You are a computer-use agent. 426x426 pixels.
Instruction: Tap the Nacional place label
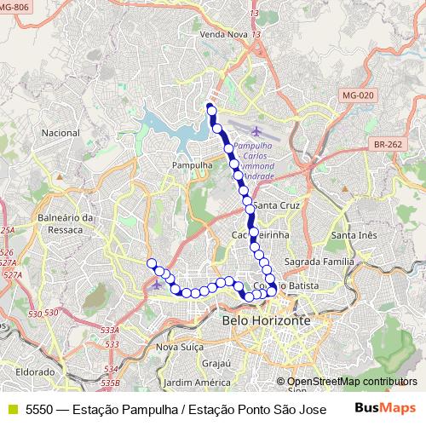point(60,134)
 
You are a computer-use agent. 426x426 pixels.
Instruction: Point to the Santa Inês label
point(354,235)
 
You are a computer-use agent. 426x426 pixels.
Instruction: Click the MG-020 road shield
point(355,95)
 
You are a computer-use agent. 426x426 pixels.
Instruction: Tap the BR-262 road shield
point(387,146)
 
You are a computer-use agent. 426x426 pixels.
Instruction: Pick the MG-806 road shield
point(16,6)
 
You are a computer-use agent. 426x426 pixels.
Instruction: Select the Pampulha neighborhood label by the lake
point(192,164)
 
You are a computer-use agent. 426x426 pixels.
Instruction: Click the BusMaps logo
point(383,408)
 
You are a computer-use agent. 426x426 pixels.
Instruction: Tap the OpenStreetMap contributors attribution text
point(353,383)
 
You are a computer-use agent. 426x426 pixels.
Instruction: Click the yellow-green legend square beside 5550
point(11,409)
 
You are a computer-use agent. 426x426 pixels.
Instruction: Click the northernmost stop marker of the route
point(209,108)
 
